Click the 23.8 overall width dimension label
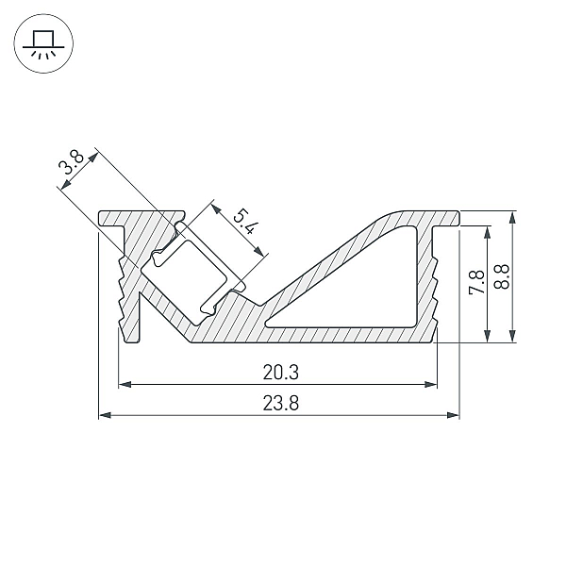coord(281,403)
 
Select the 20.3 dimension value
coord(281,373)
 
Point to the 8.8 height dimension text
coord(502,276)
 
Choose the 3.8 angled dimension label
coord(71,162)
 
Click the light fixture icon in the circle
coord(43,43)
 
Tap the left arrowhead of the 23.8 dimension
coord(105,415)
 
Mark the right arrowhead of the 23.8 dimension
coord(453,415)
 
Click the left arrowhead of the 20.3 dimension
coord(125,385)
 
